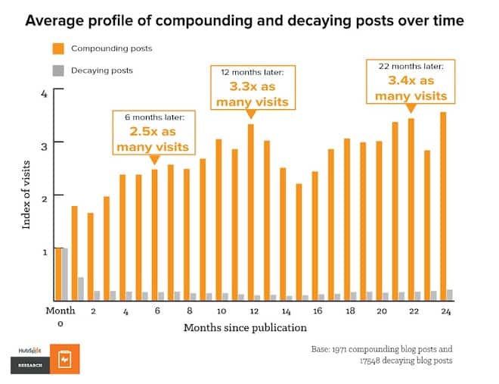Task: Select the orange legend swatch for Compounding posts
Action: click(58, 48)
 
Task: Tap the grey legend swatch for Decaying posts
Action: click(58, 70)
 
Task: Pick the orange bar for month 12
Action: click(250, 212)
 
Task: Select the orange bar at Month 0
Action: click(57, 273)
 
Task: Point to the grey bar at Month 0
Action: click(65, 273)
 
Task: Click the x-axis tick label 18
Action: click(349, 311)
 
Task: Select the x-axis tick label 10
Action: click(220, 311)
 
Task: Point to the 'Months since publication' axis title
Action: click(245, 328)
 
